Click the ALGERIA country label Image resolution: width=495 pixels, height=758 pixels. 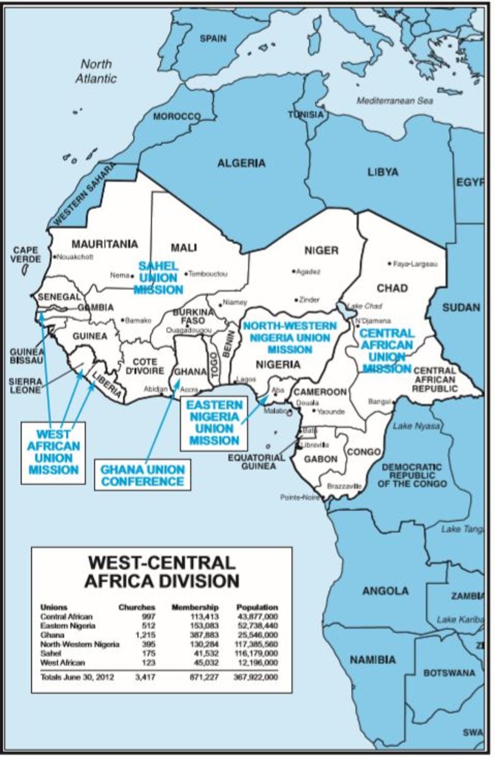pos(241,163)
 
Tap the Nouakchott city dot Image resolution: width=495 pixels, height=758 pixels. pos(54,257)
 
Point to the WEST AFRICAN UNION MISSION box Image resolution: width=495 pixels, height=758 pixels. pos(53,452)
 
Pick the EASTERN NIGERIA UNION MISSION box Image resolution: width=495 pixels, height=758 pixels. pos(213,423)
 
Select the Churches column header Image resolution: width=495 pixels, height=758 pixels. pos(137,606)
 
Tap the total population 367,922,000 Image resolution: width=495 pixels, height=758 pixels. pos(256,677)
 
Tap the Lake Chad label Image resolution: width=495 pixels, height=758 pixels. pos(362,306)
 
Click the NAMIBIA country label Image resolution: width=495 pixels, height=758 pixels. pos(374,659)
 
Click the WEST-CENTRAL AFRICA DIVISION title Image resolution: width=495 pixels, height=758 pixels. pos(162,572)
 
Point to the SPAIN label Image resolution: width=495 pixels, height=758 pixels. pos(213,39)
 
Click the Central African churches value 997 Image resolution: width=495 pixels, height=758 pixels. pos(147,616)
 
